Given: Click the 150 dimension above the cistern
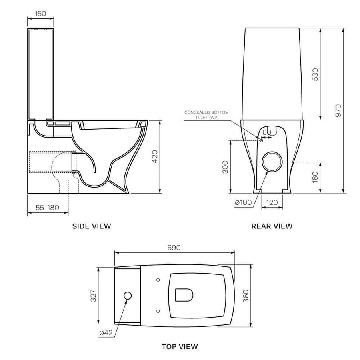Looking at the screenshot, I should pos(40,14).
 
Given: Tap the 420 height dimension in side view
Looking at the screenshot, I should pos(155,156).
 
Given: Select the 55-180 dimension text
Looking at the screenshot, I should pos(47,207).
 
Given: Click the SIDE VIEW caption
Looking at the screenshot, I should pos(92,226).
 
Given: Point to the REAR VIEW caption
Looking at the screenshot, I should pos(272,226).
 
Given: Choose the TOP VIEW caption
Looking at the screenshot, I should pos(180,346).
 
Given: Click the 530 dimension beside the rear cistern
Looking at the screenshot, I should pos(315,75).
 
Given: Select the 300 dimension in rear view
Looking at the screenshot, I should pos(225,166).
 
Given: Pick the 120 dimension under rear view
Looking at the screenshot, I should pos(272,202).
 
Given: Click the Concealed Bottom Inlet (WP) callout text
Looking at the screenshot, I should pos(206,115).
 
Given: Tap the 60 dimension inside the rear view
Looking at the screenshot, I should pos(267,132).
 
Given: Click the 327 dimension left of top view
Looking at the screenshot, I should pos(94,296).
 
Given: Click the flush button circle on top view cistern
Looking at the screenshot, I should pos(128,296).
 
